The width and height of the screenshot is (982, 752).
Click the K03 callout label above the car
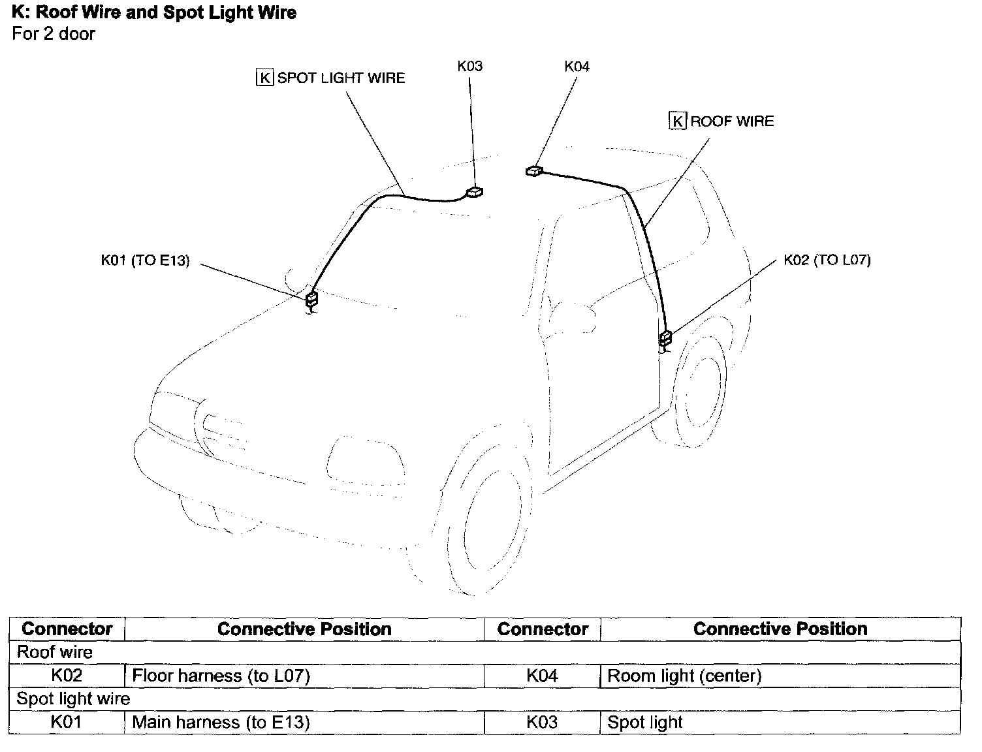click(469, 67)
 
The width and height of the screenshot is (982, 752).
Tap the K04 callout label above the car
click(577, 67)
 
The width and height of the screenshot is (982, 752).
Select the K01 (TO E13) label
click(145, 260)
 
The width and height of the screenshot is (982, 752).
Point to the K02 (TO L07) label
click(827, 260)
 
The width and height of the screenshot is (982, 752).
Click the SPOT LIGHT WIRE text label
click(341, 78)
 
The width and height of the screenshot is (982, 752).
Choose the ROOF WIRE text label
click(732, 121)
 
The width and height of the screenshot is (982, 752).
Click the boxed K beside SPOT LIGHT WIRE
click(264, 78)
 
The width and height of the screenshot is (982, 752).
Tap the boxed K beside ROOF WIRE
click(678, 121)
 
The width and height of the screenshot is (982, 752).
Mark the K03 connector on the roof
click(475, 192)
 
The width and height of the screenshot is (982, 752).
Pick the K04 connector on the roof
click(533, 171)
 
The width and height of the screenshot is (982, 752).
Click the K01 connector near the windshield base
click(312, 300)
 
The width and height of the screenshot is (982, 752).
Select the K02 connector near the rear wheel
click(665, 338)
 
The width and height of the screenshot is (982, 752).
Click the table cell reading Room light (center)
click(684, 676)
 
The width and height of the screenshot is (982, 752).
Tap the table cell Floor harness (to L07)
click(221, 676)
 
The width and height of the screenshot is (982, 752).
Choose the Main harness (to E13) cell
click(221, 723)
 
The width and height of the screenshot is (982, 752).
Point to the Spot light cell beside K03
click(644, 723)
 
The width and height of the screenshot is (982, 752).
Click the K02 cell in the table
click(67, 676)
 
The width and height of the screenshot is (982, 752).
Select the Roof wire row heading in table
click(55, 652)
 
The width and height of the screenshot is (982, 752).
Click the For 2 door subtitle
click(54, 34)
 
